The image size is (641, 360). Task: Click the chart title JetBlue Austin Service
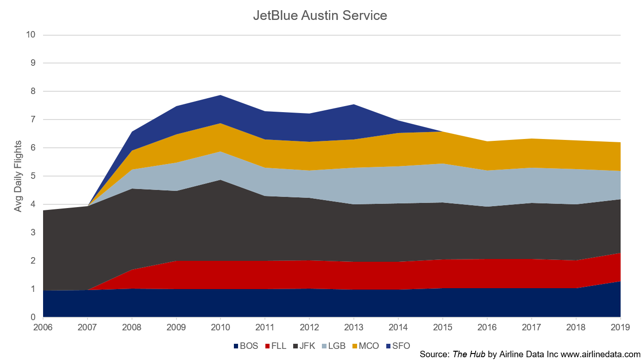[320, 15]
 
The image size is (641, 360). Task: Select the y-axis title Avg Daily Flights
[18, 176]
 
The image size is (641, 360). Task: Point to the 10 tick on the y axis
[31, 35]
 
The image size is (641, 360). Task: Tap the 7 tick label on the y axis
[33, 120]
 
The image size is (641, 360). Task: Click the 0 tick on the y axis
[33, 317]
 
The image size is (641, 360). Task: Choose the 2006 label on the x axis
[43, 327]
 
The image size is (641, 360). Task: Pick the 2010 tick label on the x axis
[220, 327]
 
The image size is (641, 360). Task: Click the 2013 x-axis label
[354, 327]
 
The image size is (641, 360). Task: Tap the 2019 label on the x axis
[620, 327]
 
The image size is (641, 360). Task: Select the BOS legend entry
[246, 346]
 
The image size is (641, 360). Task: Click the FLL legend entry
[276, 346]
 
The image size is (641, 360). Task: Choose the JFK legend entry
[304, 346]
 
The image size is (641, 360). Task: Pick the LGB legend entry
[333, 346]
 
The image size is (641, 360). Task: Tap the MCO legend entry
[365, 346]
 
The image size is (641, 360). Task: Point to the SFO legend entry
[398, 346]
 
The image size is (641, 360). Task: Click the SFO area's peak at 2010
[220, 95]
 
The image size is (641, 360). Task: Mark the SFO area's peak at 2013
[354, 104]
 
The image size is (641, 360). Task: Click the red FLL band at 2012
[309, 274]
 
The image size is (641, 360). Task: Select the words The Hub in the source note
[469, 354]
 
